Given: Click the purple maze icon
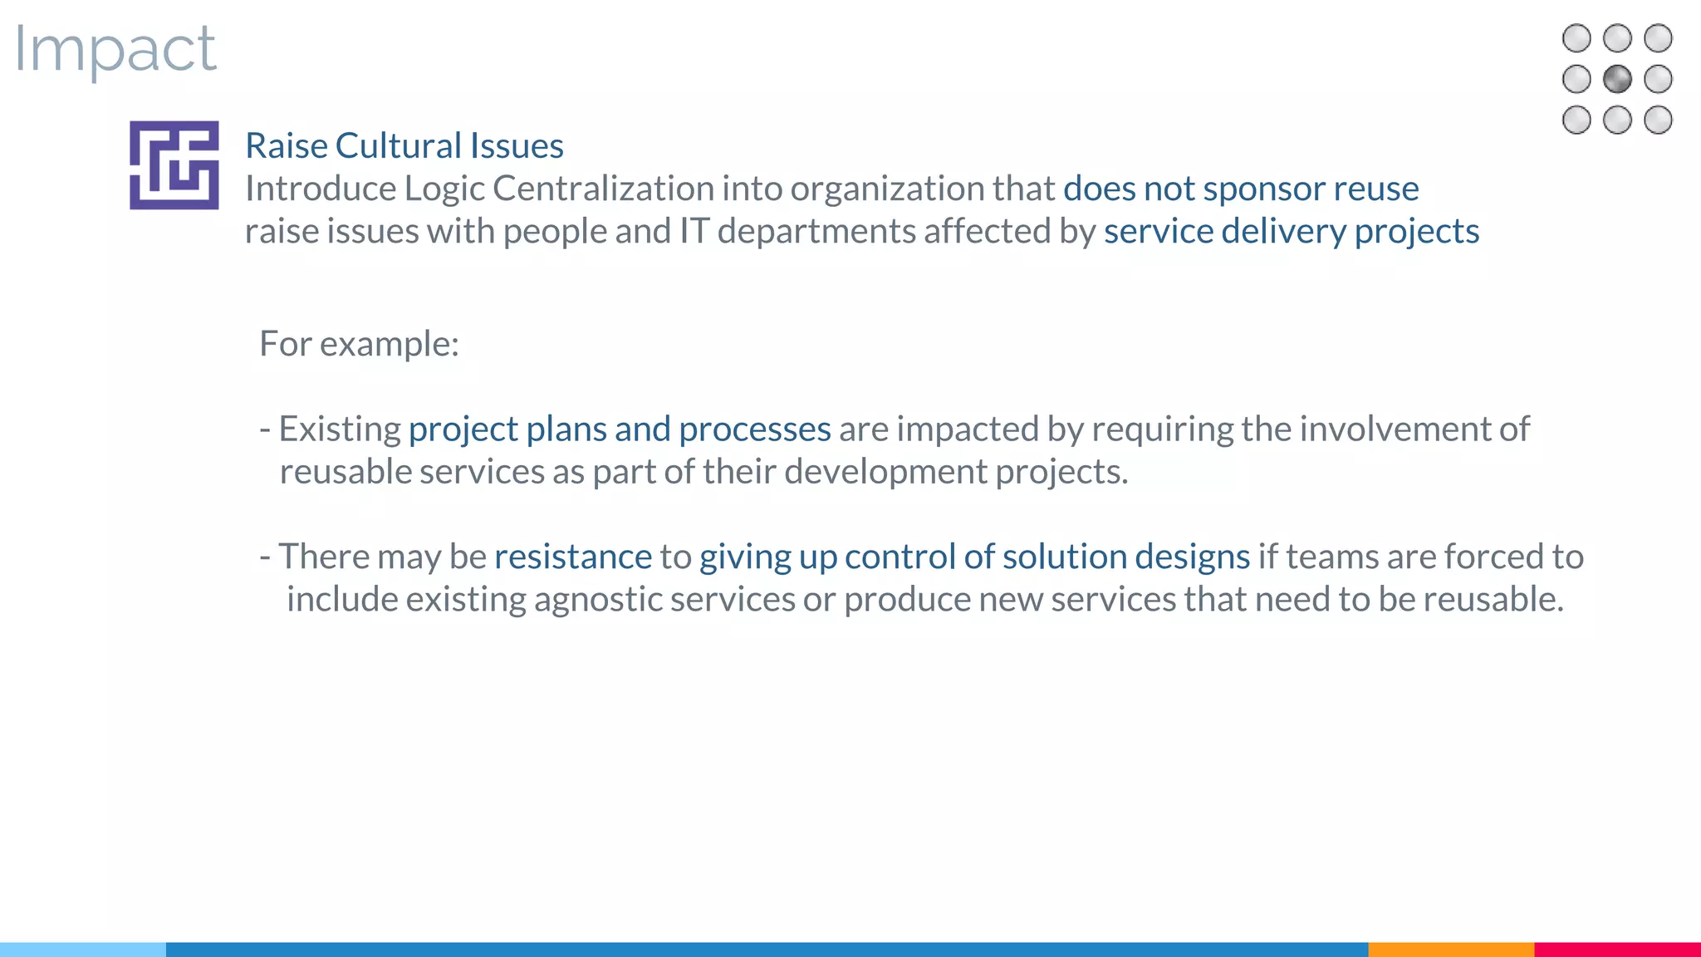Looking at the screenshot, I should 174,165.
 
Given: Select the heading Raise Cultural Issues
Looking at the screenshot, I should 404,146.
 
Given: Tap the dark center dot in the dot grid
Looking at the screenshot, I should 1617,80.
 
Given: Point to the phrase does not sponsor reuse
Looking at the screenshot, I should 1241,189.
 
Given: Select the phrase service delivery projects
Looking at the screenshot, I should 1292,231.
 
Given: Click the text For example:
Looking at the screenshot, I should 359,344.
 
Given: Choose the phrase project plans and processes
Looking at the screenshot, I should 620,429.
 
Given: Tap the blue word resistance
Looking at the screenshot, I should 573,557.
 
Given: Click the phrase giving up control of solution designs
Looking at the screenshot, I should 974,557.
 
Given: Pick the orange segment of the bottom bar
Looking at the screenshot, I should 1450,949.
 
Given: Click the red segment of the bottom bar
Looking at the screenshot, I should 1617,949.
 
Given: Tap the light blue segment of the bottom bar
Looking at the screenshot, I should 83,949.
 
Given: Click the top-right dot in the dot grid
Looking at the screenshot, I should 1658,38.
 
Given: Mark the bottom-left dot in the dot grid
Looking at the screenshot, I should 1576,120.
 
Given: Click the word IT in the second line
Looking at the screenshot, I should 694,231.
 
